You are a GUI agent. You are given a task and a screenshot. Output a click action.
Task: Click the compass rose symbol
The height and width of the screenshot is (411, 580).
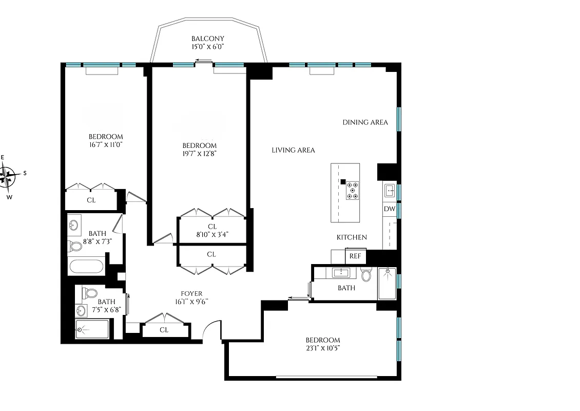click(9, 174)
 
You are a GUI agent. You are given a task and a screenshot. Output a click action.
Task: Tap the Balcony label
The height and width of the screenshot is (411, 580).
click(208, 39)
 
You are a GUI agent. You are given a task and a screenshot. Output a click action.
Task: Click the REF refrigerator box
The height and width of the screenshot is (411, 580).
click(355, 256)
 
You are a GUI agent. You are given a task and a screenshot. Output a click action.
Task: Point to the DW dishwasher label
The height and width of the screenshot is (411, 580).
click(389, 209)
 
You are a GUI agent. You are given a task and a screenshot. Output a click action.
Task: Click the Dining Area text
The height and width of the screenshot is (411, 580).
click(365, 122)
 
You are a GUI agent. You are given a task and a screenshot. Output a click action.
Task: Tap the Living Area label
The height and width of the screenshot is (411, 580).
click(293, 150)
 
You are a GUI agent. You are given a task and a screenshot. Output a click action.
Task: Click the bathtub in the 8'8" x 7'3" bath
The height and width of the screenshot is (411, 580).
click(86, 267)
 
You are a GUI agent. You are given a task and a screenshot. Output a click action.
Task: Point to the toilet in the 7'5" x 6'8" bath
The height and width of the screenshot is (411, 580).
click(90, 293)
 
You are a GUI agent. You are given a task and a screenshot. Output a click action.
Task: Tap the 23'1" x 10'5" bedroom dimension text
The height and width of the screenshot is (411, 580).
click(323, 348)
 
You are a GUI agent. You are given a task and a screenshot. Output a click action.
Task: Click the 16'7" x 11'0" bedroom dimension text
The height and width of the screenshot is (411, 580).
click(106, 144)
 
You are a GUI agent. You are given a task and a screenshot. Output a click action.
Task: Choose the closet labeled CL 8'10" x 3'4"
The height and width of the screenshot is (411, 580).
click(212, 230)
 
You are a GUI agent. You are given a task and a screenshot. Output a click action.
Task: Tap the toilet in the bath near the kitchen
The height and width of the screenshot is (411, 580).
click(366, 275)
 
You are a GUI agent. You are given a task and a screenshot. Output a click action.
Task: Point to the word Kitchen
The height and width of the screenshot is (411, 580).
click(352, 237)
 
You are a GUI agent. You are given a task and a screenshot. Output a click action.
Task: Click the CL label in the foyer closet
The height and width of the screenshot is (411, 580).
click(164, 330)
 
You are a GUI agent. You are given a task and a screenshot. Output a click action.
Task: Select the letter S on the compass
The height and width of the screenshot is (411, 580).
click(25, 173)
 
